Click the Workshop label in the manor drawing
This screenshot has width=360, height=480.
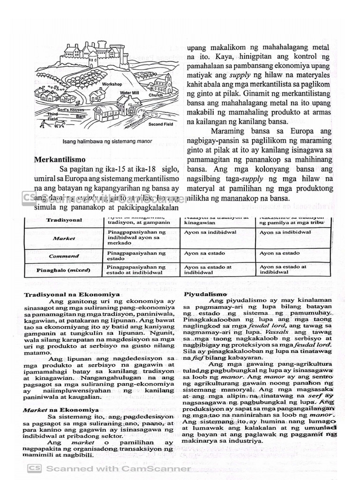[112, 84]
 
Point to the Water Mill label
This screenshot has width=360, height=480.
[129, 93]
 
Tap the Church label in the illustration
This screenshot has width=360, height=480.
[156, 95]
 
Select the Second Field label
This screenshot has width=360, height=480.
[161, 124]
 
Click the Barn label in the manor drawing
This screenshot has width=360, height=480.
[81, 116]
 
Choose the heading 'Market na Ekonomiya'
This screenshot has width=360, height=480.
[58, 409]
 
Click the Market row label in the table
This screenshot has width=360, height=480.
[64, 238]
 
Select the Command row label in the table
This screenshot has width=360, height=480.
[64, 256]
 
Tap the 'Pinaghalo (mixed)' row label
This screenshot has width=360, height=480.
[63, 270]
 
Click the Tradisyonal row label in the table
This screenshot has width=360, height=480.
[64, 220]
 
